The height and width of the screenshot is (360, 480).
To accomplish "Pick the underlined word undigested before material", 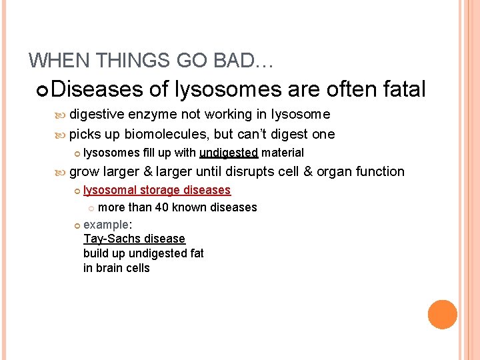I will (228, 153).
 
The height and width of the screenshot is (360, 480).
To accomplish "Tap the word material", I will (283, 153).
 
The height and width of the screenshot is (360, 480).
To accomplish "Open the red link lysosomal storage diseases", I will (157, 190).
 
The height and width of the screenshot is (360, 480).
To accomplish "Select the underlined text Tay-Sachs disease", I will (134, 239).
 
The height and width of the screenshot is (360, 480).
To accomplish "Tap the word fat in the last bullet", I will (196, 253).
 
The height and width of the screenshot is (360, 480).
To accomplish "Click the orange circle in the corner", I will (443, 315).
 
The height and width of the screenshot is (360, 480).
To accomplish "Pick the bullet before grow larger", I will (61, 172).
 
